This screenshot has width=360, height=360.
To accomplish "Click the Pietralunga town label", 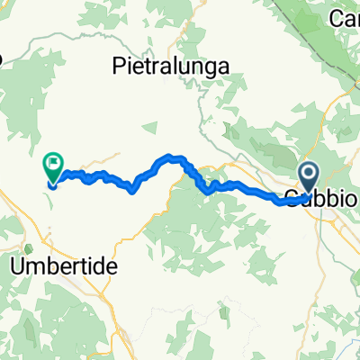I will click(x=170, y=65).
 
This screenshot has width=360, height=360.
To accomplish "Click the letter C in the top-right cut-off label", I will click(x=336, y=17).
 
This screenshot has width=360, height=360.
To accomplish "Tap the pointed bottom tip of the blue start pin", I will click(x=309, y=197).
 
